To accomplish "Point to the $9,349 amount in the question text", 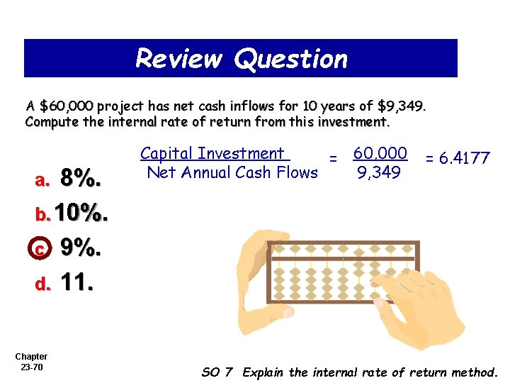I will tap(401, 106).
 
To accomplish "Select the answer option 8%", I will tap(81, 179).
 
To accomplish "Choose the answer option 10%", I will tap(81, 212).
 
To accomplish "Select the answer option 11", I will tap(77, 283).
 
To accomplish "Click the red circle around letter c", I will tap(40, 248).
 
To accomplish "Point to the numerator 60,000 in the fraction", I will tap(380, 153).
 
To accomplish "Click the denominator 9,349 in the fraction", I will tap(380, 172).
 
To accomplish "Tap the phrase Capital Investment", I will tap(212, 153).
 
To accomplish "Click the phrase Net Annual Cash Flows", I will tap(232, 172).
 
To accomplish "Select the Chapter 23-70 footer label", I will tap(31, 361).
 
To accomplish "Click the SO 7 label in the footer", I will tap(217, 372).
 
